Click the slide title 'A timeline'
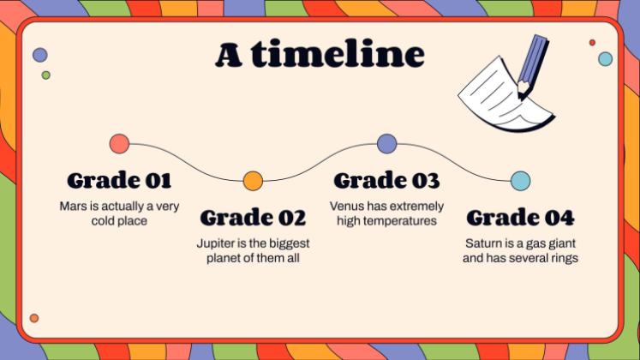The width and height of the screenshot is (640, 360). pos(320,53)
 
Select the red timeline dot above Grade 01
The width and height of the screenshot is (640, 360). pos(120,144)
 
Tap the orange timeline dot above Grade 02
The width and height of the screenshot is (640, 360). pos(253,181)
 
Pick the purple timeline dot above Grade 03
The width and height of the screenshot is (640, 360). pos(387,144)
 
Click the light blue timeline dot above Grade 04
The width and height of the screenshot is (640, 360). pos(521,181)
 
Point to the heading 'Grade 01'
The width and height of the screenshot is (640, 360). pos(119,180)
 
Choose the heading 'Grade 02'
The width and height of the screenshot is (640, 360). pos(253,218)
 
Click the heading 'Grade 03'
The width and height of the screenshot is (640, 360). pos(386,180)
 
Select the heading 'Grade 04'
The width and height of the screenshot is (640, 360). pos(520,218)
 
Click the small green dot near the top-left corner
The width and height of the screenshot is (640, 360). pos(46,75)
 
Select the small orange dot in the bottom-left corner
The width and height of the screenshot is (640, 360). pos(34,318)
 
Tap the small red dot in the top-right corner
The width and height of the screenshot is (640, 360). pos(592,43)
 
